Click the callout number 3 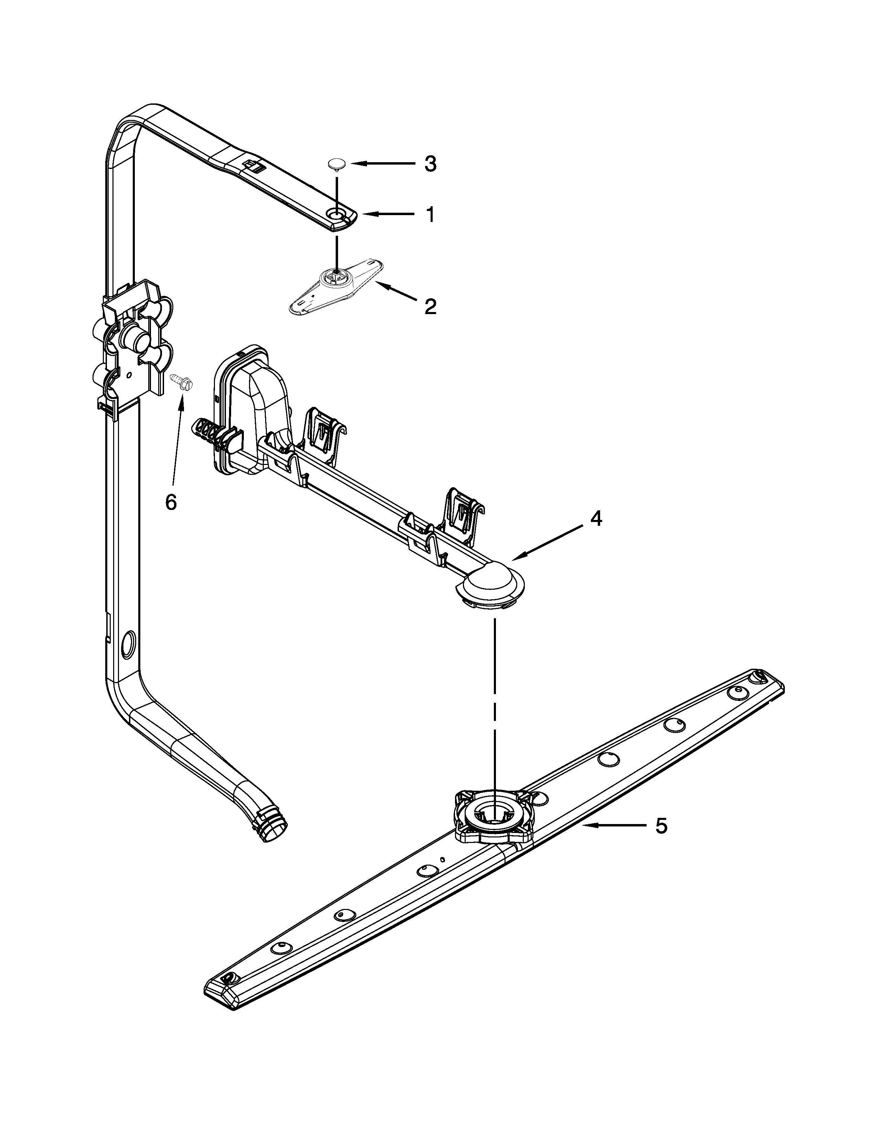[430, 164]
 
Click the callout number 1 [429, 214]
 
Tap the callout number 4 [596, 518]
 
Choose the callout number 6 [171, 502]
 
